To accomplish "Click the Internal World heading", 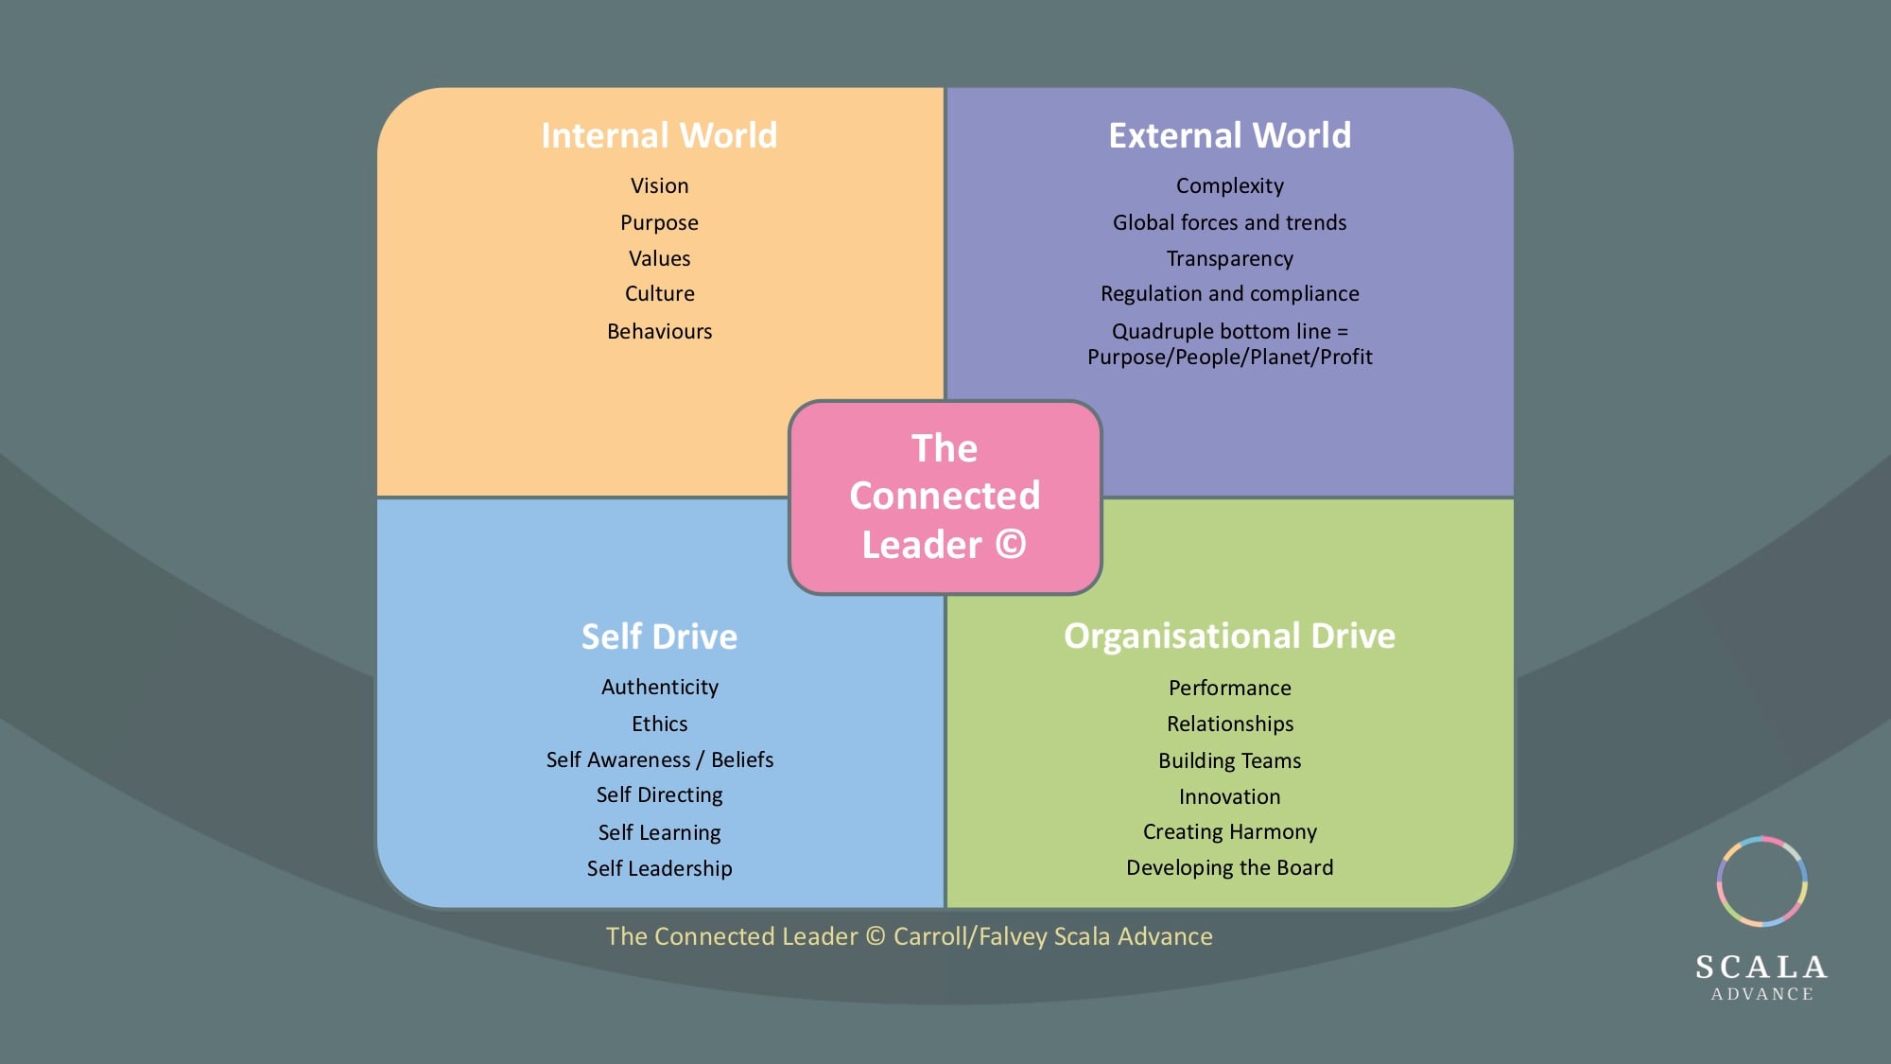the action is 659,135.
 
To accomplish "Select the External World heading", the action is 1229,135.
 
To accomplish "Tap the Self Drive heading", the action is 659,637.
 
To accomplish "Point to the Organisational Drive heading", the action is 1229,636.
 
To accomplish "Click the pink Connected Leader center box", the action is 945,497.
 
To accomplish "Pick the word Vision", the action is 660,185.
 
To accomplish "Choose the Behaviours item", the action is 660,331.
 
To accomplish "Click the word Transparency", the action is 1229,259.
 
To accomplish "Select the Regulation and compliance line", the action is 1229,294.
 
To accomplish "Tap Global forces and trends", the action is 1229,222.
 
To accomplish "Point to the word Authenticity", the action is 660,688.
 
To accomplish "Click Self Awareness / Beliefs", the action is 660,759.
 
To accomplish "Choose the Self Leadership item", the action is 660,868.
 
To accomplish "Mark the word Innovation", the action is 1229,796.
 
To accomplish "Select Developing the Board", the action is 1229,867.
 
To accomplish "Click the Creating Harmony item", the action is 1229,832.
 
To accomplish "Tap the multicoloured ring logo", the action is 1762,838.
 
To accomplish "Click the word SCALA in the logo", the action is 1761,967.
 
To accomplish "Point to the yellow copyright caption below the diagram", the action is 909,936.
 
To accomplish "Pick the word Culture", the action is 660,294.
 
